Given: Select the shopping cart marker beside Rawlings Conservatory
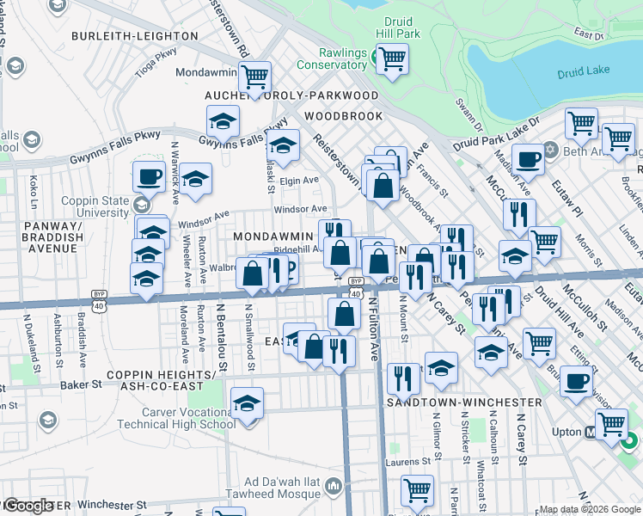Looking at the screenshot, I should tap(392, 59).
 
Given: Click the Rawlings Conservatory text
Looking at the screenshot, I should tap(331, 58).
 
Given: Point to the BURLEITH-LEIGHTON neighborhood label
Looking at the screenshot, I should tap(134, 36).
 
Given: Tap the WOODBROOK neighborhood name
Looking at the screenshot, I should tap(342, 115).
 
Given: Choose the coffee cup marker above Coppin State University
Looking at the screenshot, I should tap(148, 177).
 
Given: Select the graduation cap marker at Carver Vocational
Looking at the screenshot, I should tap(247, 403).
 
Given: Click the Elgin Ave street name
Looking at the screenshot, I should tap(299, 181).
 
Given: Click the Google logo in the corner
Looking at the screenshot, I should tap(28, 506).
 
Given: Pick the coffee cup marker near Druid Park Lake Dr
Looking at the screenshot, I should tap(528, 159).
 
